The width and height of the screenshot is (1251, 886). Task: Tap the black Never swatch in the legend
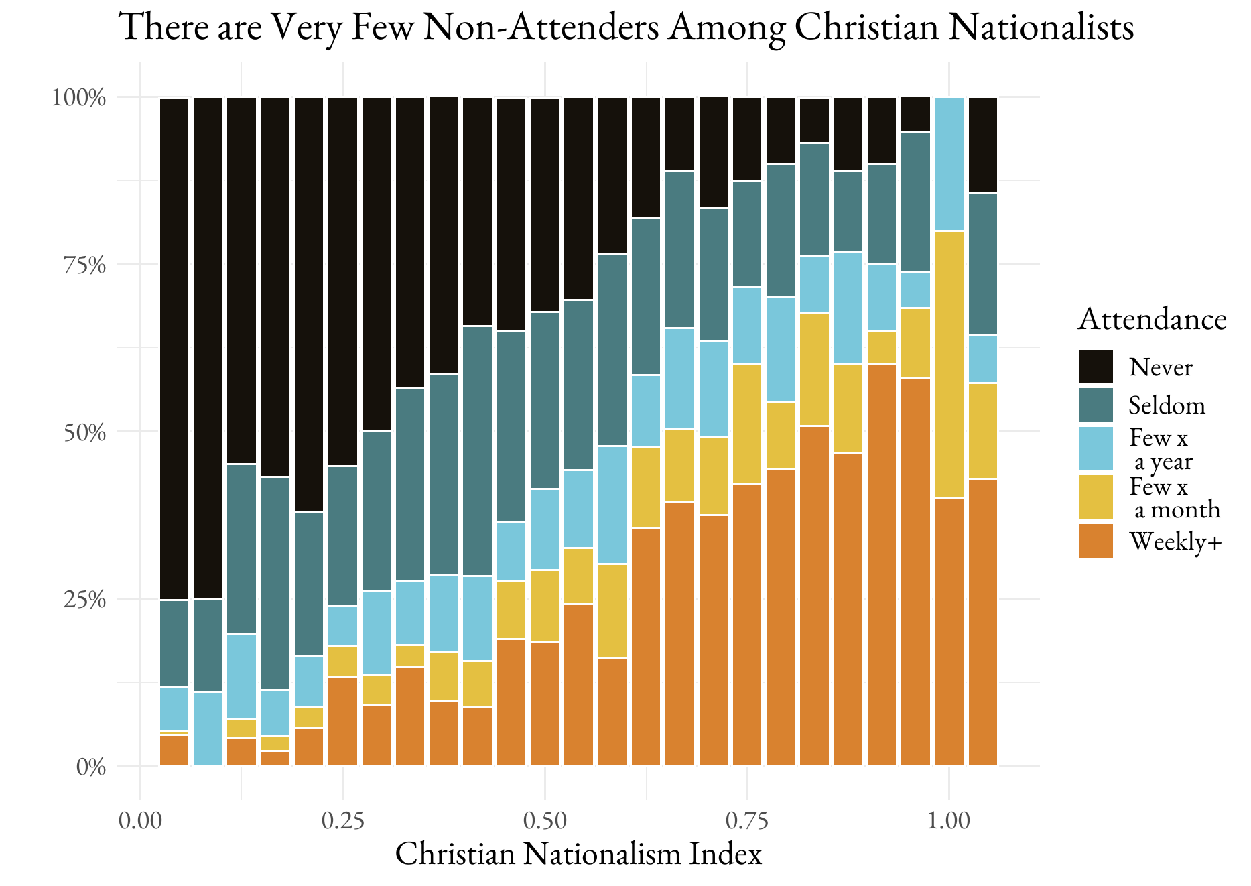tap(1096, 367)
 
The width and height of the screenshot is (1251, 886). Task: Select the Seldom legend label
tap(1167, 405)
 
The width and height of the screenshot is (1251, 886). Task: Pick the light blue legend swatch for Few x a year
tap(1096, 448)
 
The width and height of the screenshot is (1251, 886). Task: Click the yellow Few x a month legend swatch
tap(1096, 497)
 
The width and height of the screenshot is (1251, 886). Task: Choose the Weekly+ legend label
tap(1175, 542)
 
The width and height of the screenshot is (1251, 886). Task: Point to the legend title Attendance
tap(1152, 319)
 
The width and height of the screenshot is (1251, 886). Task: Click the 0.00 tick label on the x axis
tap(140, 820)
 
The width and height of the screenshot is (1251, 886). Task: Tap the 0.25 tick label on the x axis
tap(342, 820)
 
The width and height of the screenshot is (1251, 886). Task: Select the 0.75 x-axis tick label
tap(746, 820)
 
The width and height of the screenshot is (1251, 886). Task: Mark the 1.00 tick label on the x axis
tap(949, 820)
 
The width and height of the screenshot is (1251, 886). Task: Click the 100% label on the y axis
tap(79, 98)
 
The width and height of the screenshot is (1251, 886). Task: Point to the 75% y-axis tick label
tap(84, 265)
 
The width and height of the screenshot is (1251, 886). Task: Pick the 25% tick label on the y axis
tap(84, 599)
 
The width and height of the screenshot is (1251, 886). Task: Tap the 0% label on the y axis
tap(90, 767)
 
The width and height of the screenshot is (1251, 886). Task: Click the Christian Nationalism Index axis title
tap(578, 854)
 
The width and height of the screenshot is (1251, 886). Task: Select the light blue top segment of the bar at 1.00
tap(949, 164)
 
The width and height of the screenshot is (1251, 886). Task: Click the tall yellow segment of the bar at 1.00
tap(949, 365)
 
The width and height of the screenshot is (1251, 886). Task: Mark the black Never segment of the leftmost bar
tap(174, 349)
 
